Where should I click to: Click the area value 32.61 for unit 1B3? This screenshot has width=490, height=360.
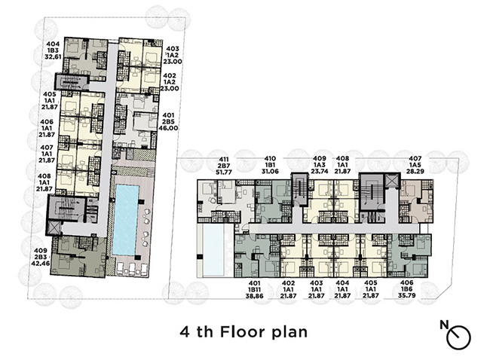click(x=53, y=56)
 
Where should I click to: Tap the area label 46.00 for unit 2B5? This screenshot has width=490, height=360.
click(x=168, y=128)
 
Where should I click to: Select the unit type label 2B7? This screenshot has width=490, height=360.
click(x=224, y=166)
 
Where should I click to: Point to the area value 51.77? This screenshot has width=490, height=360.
click(x=224, y=172)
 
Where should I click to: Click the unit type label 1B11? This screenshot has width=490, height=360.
click(x=255, y=290)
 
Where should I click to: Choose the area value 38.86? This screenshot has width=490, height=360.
click(x=255, y=296)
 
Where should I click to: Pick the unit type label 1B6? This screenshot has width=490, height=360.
click(x=406, y=289)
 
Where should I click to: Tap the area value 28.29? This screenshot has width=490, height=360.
click(x=415, y=172)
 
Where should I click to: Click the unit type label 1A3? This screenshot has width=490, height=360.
click(x=320, y=165)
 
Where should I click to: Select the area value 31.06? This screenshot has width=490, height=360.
click(x=270, y=172)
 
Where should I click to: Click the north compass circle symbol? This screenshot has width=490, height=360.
click(x=458, y=337)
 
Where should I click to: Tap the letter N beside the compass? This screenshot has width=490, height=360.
click(x=444, y=325)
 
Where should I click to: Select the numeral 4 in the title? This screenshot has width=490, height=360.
click(x=185, y=332)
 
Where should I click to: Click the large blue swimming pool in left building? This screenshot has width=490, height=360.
click(x=126, y=220)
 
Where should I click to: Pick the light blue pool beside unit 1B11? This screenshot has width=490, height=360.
click(x=213, y=251)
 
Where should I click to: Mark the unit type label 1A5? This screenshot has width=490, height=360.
click(x=415, y=165)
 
